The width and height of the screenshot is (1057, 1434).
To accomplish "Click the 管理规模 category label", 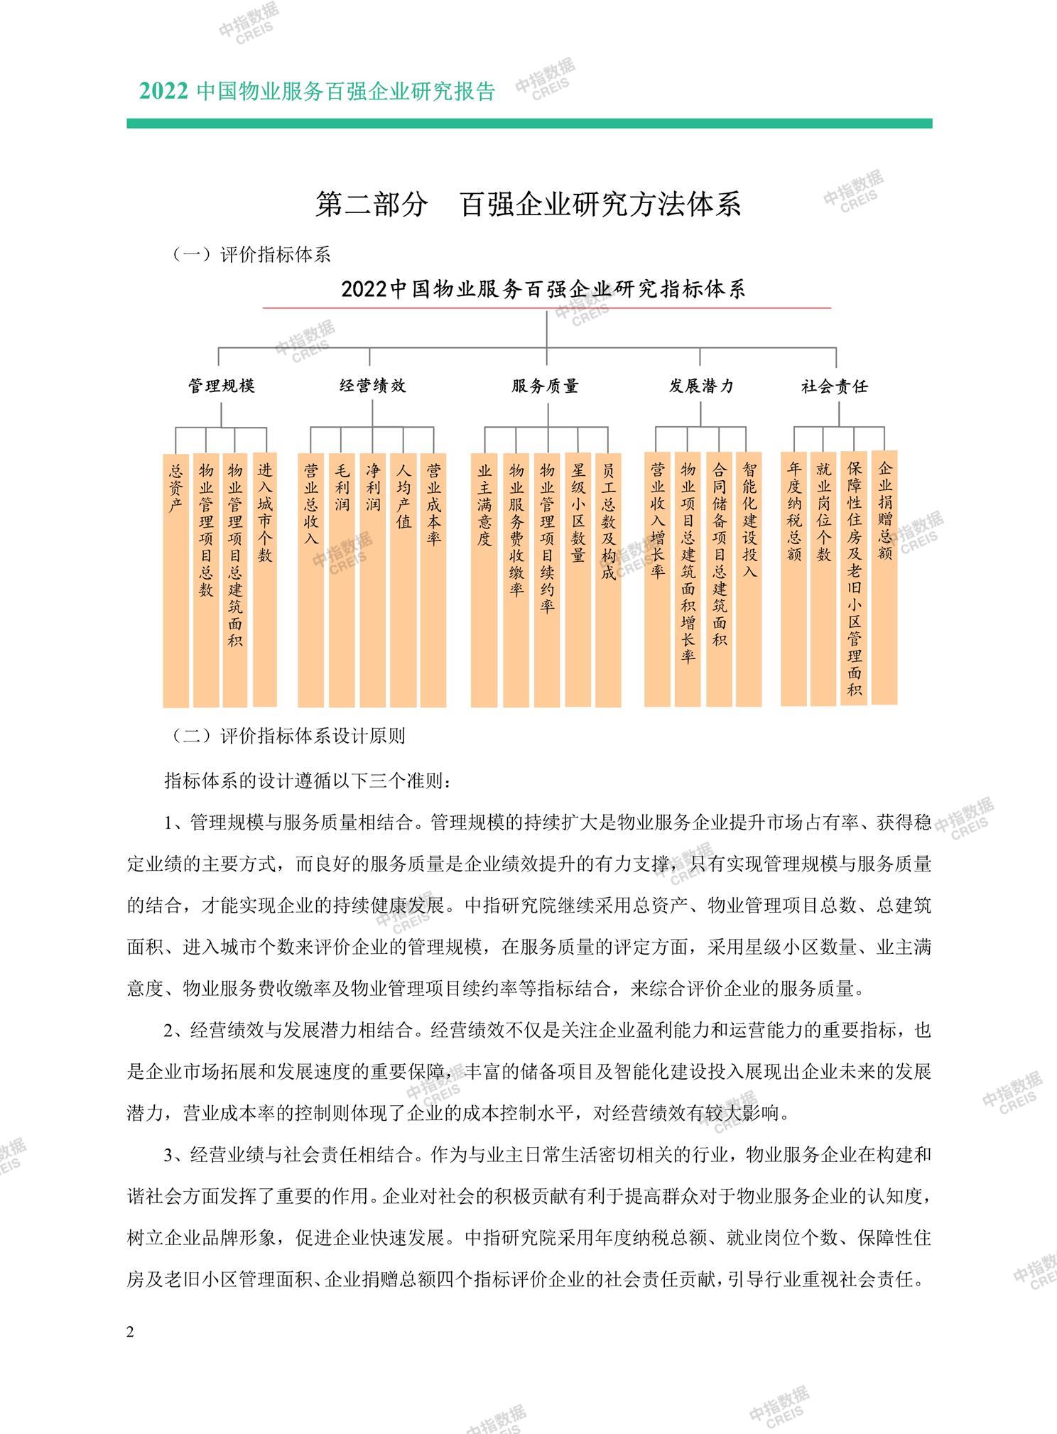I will (221, 386).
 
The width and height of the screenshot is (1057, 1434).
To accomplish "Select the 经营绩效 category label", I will (373, 386).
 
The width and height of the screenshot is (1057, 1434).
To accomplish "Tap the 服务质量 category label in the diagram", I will (546, 386).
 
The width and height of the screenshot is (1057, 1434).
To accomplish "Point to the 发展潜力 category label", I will (700, 386).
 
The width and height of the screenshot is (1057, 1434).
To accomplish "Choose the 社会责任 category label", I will (835, 386).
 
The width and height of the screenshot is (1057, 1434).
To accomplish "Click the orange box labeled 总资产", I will (175, 579).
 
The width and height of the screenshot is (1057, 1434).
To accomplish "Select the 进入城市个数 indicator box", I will (265, 579).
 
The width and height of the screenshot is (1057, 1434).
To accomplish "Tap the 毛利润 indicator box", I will (342, 579).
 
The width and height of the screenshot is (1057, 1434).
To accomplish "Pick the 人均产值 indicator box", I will (403, 579).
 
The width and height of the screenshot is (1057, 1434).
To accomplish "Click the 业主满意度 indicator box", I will (484, 579).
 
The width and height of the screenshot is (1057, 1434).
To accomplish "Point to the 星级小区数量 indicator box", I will (578, 579).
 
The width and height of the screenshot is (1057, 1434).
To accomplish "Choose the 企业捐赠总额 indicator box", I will (884, 576).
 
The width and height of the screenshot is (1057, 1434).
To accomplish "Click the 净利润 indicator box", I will (373, 579).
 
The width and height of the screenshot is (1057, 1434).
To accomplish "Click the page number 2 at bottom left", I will (130, 1332).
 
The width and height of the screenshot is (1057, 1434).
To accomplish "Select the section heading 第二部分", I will (372, 205).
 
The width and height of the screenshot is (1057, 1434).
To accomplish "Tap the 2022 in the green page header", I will (163, 92).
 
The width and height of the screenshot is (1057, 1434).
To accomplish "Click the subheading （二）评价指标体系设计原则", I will (288, 735).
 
